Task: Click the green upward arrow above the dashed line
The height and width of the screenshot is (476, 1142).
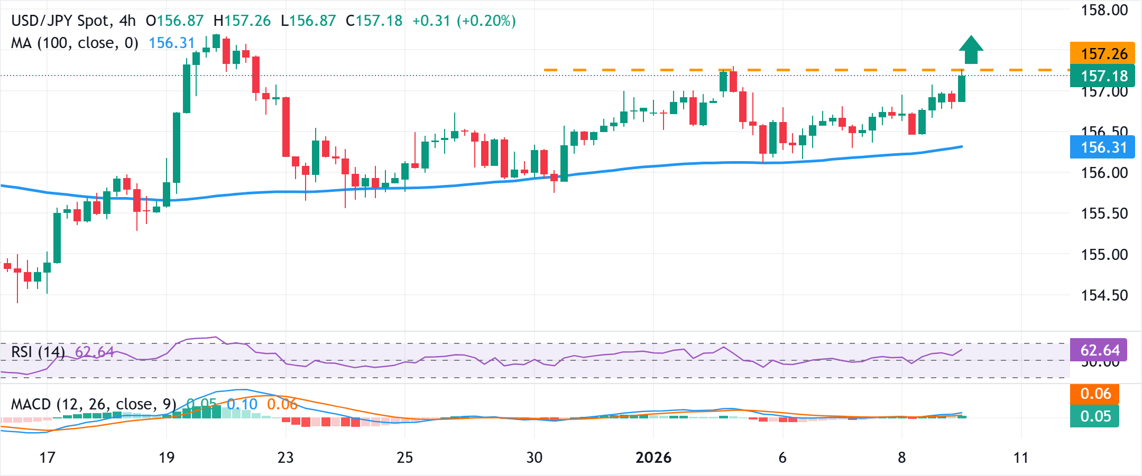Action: pos(971,50)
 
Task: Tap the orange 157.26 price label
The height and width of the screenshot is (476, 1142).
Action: pos(1102,53)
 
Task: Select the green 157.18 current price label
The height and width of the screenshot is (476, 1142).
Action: pos(1102,76)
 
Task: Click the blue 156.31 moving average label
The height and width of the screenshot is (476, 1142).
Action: pos(1102,147)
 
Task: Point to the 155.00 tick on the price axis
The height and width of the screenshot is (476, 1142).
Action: pos(1104,254)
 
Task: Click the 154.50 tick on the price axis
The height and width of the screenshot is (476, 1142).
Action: pos(1104,295)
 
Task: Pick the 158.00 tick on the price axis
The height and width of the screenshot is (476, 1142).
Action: pos(1104,10)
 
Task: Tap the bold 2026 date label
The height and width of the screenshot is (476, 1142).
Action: pos(653,457)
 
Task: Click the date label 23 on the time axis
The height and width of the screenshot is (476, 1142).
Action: pos(285,457)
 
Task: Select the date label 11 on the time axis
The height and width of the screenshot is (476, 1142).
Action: pos(1021,457)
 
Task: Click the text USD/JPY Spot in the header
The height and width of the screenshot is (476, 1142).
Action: pos(60,21)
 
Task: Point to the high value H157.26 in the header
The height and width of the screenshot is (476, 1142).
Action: pos(242,21)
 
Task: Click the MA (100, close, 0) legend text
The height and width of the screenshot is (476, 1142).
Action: pos(75,43)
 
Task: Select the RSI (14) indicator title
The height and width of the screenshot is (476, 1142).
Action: pos(38,352)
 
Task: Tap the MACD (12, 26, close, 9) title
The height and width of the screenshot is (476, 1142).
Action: pos(93,404)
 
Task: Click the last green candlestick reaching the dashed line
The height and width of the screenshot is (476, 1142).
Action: pos(962,88)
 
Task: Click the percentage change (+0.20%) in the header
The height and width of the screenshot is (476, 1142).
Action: pos(486,21)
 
